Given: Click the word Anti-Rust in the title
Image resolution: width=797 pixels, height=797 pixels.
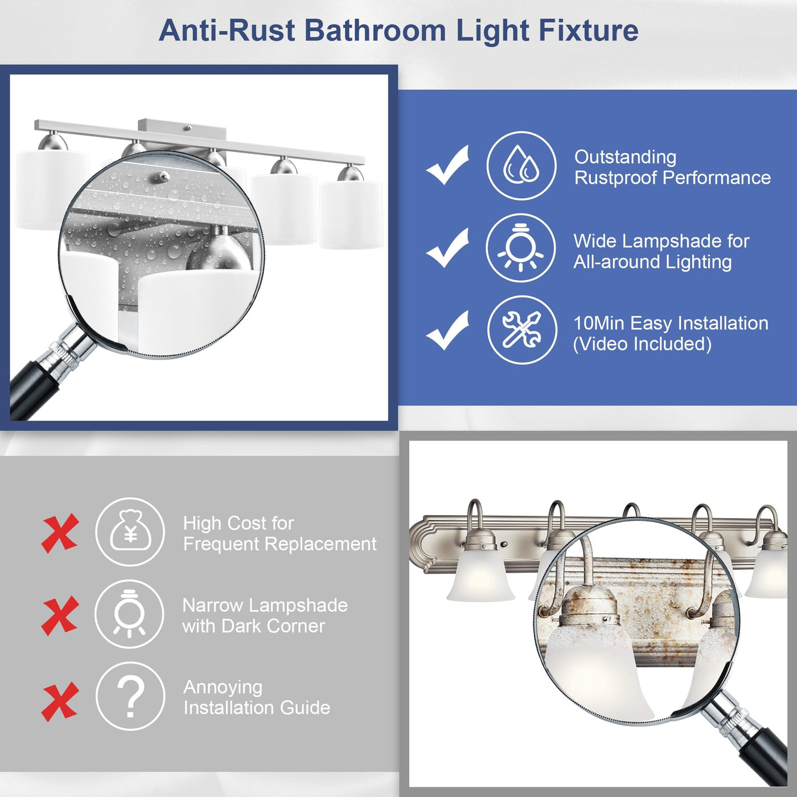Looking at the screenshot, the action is (x=227, y=31).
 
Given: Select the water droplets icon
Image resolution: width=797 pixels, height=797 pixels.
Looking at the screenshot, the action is (x=521, y=166).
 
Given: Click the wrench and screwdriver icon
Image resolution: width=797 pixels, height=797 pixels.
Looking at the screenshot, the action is (x=522, y=330).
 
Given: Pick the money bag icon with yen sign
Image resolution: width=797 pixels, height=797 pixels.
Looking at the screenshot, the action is (x=130, y=532).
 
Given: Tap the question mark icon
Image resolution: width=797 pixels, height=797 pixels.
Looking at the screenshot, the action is (x=130, y=696).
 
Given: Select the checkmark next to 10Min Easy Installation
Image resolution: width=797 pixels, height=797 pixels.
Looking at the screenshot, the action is (x=447, y=330).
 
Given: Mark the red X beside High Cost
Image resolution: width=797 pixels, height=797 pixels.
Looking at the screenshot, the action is (x=60, y=533).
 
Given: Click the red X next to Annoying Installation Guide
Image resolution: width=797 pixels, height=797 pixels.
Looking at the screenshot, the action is (x=60, y=702).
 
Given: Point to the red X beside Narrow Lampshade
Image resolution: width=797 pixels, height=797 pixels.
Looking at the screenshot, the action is (x=60, y=615).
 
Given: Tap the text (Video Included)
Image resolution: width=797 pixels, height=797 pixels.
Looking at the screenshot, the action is (x=642, y=344).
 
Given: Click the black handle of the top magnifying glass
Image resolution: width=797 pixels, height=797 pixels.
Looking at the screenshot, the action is (x=29, y=391).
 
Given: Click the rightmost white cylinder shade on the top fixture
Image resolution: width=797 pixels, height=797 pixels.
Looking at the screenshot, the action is (x=351, y=215).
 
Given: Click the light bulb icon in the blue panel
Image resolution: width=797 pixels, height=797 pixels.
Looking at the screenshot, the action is (x=521, y=248).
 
